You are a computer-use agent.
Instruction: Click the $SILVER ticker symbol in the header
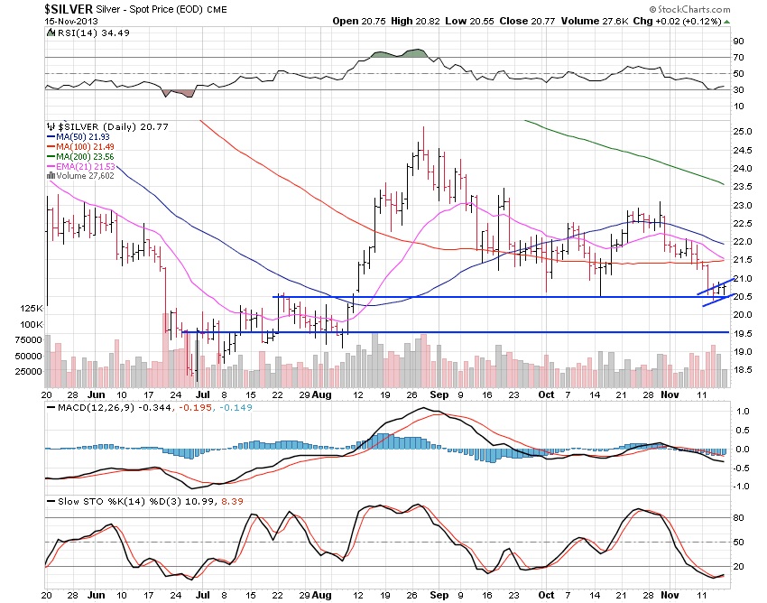coord(67,8)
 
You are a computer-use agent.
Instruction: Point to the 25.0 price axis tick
coord(743,132)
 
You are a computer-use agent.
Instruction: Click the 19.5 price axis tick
coord(743,333)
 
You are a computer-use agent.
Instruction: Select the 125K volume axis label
coord(32,309)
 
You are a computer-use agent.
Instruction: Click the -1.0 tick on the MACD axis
coord(742,486)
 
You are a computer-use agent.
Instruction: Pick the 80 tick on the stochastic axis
coord(738,519)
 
